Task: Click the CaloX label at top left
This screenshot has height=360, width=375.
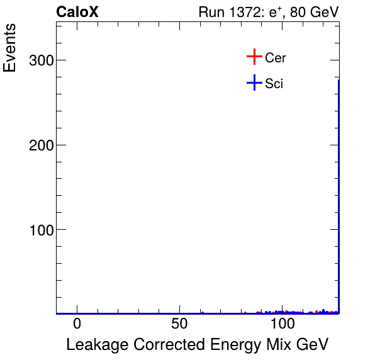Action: [x=77, y=12]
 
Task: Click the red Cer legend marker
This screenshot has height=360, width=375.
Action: [x=254, y=57]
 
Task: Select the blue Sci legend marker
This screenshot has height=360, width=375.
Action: [x=254, y=82]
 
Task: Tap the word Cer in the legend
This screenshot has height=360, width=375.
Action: [x=276, y=58]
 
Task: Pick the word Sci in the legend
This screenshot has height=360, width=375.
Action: [x=274, y=83]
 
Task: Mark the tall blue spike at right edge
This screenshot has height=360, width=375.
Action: [x=339, y=189]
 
